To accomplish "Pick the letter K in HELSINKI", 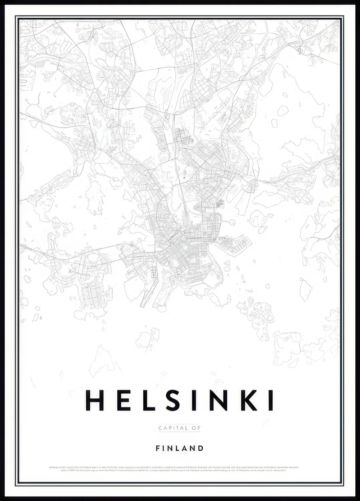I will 248,400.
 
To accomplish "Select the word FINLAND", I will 180,448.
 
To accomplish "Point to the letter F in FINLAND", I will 158,448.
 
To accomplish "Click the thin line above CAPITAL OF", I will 179,425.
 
